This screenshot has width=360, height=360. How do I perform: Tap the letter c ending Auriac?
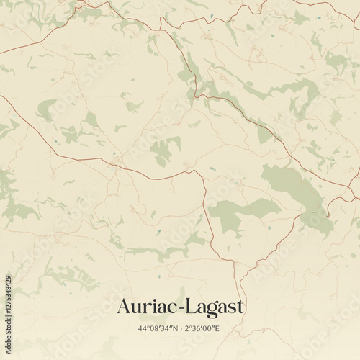click(174, 309)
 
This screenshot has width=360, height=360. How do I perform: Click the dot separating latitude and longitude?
click(180, 328)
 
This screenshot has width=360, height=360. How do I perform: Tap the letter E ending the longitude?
click(218, 328)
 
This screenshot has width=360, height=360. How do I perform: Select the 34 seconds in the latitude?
click(166, 328)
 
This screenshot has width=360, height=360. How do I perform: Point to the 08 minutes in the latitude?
click(154, 328)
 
